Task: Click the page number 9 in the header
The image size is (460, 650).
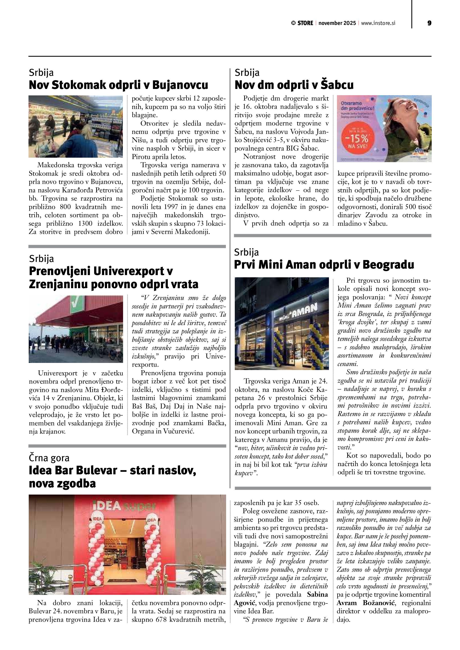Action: (x=429, y=23)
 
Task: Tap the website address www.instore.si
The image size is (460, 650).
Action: (x=378, y=23)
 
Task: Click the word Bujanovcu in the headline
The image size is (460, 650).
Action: (x=180, y=85)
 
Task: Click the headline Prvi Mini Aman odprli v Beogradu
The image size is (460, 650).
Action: (x=324, y=265)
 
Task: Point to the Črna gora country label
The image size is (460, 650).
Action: (x=49, y=458)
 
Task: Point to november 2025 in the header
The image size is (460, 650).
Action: (x=337, y=23)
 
